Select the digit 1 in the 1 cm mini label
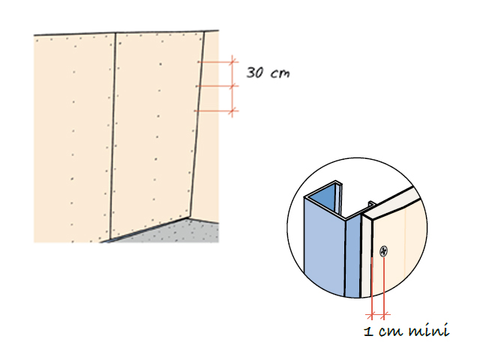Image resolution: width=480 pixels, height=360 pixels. point(367,330)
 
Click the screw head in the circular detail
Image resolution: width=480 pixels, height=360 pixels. point(383,253)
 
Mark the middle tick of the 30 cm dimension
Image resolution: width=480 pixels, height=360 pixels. point(232,86)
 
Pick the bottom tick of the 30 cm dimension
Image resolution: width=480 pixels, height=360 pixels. point(232,112)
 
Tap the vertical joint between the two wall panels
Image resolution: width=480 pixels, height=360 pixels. point(113,135)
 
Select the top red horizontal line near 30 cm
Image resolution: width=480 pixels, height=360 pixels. point(217,61)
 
